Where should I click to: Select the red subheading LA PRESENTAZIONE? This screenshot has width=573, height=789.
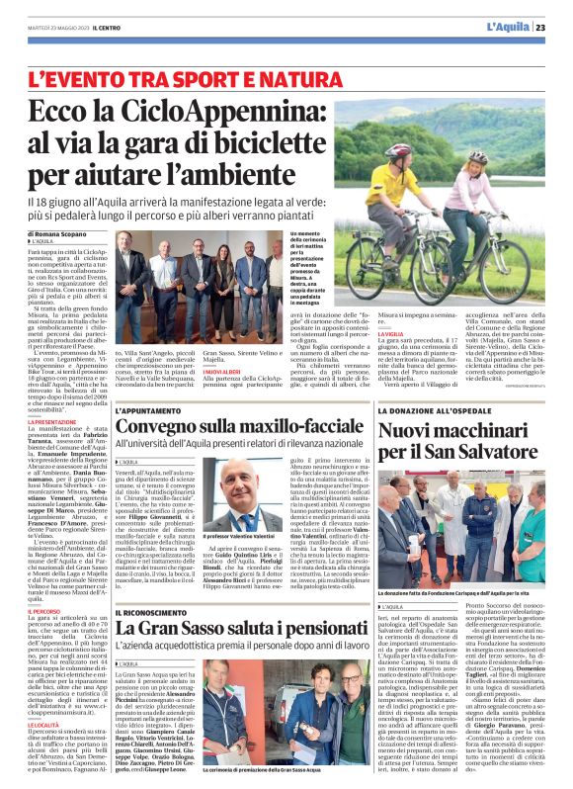[52, 421]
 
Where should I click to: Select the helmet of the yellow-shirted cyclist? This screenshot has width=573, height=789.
[399, 151]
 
